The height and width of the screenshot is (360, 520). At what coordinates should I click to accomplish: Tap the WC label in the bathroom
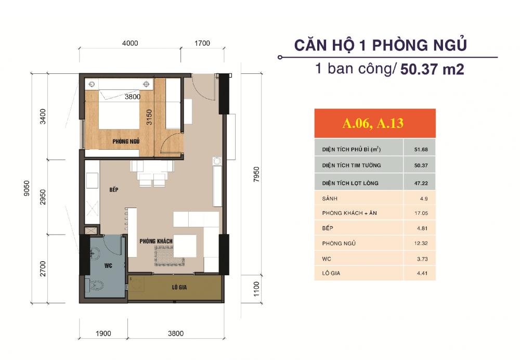[108, 265]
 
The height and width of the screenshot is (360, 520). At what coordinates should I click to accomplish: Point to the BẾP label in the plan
[115, 190]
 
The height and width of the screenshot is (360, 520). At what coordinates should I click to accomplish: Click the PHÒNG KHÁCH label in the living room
[156, 242]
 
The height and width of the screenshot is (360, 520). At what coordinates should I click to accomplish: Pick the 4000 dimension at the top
[130, 43]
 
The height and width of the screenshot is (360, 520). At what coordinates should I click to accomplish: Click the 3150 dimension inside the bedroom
[148, 118]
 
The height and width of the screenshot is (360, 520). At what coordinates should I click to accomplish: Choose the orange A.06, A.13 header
[374, 124]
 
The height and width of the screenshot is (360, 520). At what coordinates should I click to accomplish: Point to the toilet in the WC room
[97, 286]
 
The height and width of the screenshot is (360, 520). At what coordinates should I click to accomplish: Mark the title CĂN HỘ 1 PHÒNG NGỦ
[380, 45]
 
